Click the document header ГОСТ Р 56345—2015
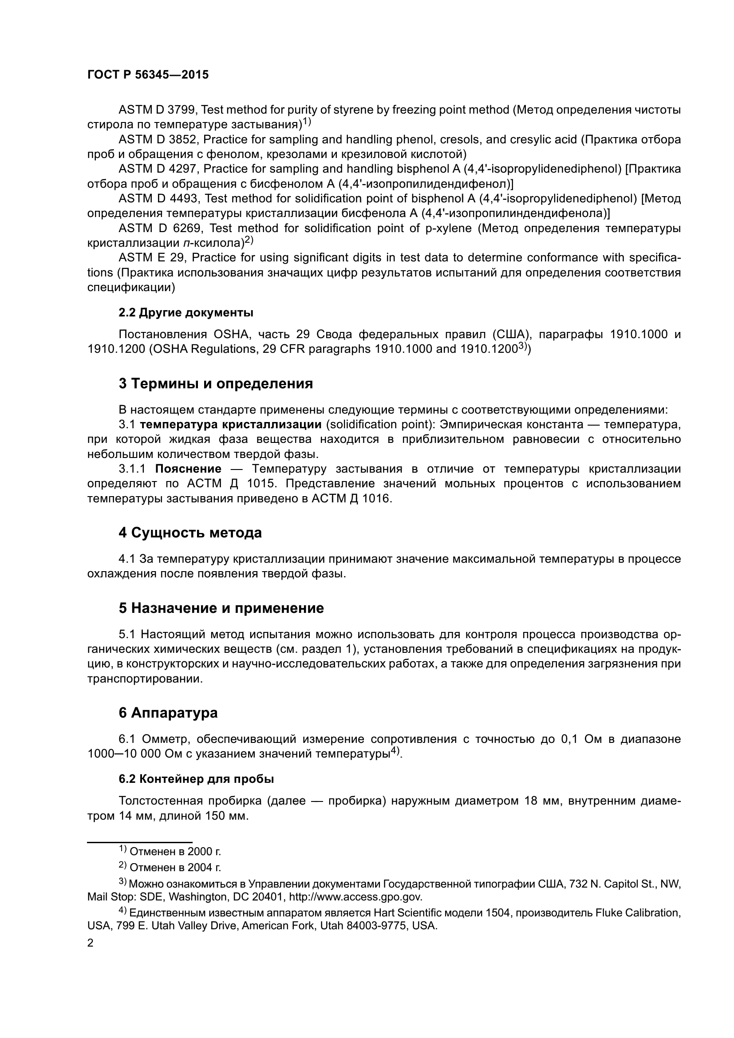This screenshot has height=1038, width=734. click(x=148, y=75)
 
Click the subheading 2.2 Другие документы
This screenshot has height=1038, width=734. click(x=186, y=312)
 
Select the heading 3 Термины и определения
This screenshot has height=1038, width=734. click(x=216, y=383)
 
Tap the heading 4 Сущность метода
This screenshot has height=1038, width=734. click(x=190, y=533)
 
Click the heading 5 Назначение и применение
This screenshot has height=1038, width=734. click(x=221, y=608)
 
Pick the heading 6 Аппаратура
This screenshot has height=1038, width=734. click(x=168, y=713)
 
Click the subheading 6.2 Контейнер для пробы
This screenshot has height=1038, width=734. click(x=196, y=779)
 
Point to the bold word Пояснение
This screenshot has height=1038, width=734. click(x=188, y=469)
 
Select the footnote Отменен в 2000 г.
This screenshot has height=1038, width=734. click(x=175, y=852)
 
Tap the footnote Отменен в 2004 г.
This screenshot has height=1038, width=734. click(x=175, y=868)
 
